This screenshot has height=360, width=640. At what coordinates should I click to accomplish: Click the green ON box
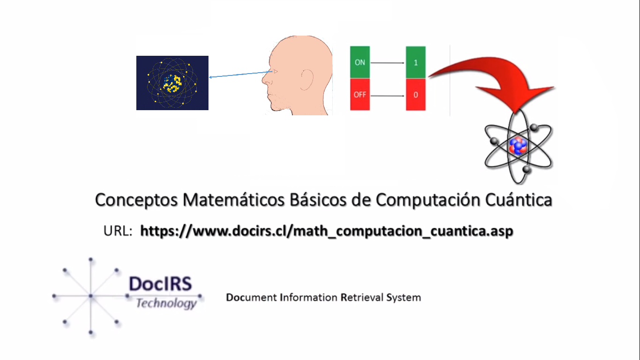360,62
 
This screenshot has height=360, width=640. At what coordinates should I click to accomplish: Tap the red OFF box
360,95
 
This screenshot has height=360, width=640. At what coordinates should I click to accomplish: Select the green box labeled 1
416,62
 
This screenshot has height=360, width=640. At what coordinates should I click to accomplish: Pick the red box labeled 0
416,95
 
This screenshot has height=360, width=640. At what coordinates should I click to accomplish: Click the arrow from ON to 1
387,63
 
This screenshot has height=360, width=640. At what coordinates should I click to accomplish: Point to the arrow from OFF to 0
387,96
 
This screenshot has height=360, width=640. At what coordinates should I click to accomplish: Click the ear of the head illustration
307,80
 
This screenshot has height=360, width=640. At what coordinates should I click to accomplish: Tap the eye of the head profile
275,71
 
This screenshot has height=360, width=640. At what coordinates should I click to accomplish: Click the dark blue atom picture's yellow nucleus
172,83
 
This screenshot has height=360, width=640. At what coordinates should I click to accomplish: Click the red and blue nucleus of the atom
518,146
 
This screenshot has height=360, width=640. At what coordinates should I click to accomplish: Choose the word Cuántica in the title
519,200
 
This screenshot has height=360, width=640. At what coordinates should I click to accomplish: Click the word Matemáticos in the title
233,200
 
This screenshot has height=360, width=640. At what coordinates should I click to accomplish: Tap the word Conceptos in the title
136,200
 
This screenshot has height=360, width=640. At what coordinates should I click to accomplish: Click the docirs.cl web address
327,231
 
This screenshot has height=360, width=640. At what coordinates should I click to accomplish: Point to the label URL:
118,231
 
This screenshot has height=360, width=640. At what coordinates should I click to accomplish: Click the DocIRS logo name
160,284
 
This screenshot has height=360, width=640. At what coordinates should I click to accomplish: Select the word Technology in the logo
166,303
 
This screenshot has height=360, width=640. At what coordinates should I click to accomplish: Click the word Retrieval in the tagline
362,297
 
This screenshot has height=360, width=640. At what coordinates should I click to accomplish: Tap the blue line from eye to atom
240,74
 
